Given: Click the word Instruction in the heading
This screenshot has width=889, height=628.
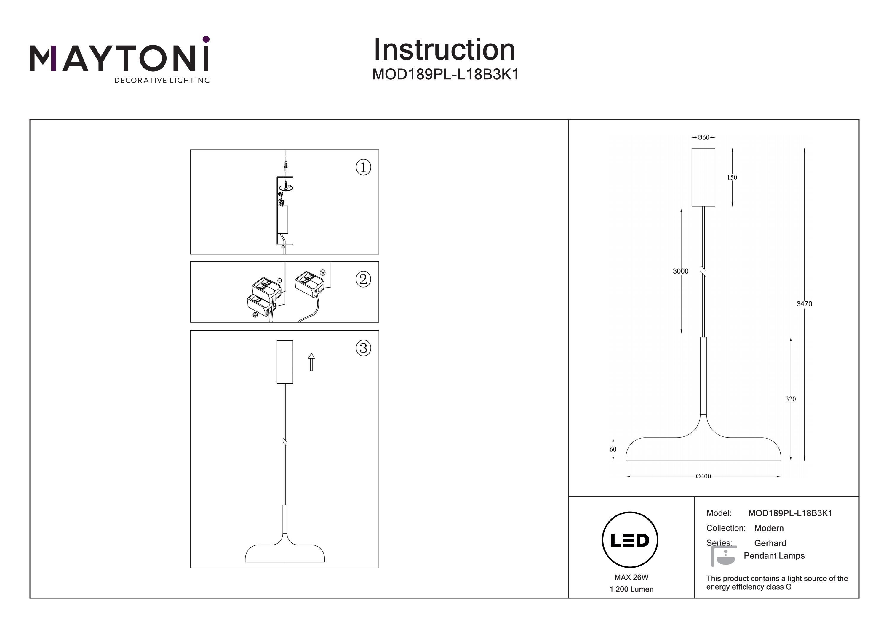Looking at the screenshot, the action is [x=444, y=50].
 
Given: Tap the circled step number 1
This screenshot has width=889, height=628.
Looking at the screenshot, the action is [x=363, y=168].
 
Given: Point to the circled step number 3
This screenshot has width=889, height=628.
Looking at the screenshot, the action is [x=363, y=348].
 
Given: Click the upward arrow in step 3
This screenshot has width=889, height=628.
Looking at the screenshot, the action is [x=311, y=362].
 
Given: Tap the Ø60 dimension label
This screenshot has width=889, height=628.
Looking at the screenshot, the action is [x=703, y=137].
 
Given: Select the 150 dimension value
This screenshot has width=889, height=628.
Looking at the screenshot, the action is [x=732, y=178].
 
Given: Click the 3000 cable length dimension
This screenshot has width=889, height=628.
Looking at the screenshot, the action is [x=681, y=271].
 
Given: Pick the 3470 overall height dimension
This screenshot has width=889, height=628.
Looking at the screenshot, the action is [x=804, y=304].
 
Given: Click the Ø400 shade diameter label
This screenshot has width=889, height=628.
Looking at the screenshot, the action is [x=703, y=476].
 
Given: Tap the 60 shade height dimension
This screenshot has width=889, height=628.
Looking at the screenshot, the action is [x=613, y=449].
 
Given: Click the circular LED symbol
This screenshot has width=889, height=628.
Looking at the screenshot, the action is [x=630, y=540].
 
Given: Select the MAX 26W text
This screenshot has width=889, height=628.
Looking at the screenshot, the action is [x=631, y=578].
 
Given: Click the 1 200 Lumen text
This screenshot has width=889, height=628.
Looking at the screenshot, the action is [x=631, y=589].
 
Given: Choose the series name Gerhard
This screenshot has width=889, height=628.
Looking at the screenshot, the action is [x=770, y=543].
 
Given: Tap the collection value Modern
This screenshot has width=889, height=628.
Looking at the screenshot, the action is [x=769, y=528].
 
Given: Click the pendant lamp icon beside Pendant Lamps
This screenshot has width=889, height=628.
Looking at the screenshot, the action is [x=723, y=556].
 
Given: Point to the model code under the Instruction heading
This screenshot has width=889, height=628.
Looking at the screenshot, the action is [x=445, y=75].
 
